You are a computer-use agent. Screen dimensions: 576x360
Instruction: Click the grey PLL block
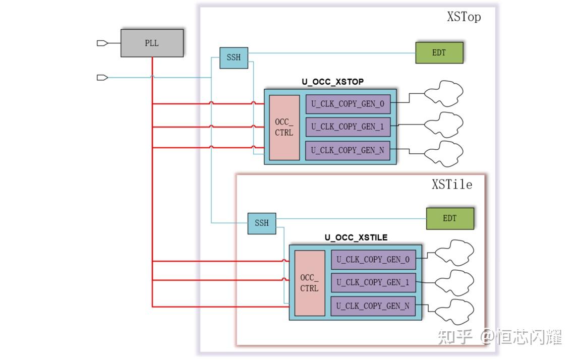[x=152, y=43]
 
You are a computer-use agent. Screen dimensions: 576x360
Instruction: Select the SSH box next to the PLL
[x=234, y=57]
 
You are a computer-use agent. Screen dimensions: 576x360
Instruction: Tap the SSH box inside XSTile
[x=262, y=223]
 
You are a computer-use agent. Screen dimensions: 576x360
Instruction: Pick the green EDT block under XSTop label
[x=439, y=52]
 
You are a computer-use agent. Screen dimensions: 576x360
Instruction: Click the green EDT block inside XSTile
[x=450, y=219]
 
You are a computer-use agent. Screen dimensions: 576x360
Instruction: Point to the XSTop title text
[x=464, y=17]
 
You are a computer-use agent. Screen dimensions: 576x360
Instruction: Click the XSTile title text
[x=452, y=184]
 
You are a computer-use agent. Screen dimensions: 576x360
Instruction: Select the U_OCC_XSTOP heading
[x=333, y=82]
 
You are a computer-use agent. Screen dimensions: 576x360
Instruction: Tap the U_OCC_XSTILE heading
[x=356, y=237]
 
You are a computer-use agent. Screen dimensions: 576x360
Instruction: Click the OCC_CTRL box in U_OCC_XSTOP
[x=284, y=128]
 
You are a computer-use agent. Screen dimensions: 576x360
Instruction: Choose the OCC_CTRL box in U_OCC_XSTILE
[x=310, y=283]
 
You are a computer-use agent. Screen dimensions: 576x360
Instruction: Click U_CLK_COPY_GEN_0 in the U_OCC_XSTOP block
[x=348, y=104]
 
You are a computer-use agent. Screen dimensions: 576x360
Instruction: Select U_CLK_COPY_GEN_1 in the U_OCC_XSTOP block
[x=348, y=127]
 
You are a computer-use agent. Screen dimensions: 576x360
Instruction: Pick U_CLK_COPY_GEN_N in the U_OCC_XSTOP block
[x=348, y=150]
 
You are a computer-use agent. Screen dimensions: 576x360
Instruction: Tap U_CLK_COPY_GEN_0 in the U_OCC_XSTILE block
[x=373, y=260]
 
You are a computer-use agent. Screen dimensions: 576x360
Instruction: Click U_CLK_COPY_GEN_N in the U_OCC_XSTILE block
[x=373, y=306]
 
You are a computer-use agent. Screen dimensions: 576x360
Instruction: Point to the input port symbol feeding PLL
[x=102, y=43]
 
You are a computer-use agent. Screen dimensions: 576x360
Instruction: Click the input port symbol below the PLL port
[x=102, y=78]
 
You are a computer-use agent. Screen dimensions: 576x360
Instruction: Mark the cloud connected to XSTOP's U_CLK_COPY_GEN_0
[x=444, y=93]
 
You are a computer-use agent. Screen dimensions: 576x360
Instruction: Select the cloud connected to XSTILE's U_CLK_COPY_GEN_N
[x=455, y=312]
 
